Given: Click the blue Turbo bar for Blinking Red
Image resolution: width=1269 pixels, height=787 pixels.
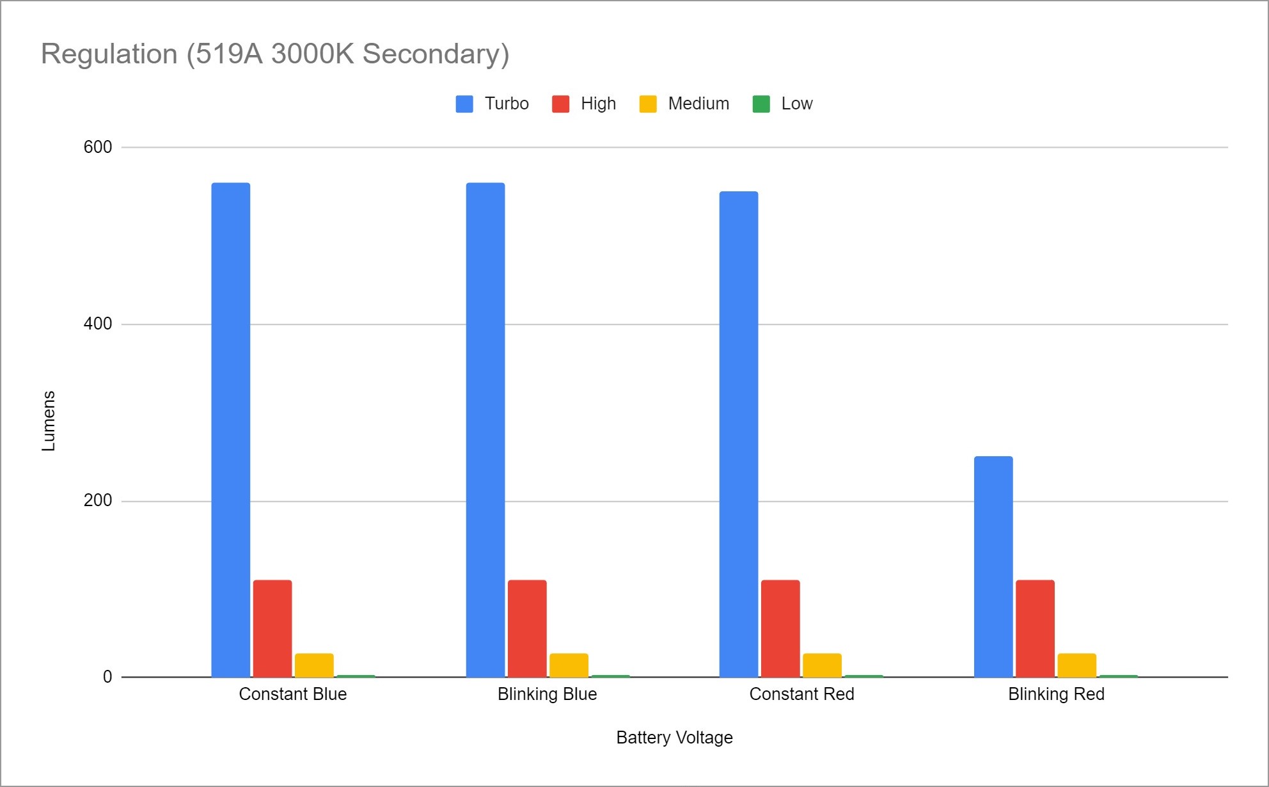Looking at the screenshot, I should pyautogui.click(x=993, y=566).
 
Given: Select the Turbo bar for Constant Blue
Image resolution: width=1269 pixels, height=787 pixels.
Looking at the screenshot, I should pyautogui.click(x=230, y=430).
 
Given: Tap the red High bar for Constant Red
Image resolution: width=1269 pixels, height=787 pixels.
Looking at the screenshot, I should pyautogui.click(x=780, y=628).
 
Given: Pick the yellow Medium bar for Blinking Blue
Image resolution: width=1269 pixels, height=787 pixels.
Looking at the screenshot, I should pyautogui.click(x=569, y=665).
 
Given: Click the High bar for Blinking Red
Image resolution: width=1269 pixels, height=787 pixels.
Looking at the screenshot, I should pyautogui.click(x=1035, y=628).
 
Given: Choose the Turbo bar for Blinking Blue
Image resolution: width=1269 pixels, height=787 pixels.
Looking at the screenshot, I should pyautogui.click(x=485, y=430).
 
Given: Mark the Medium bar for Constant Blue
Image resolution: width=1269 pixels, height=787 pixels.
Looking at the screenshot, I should pyautogui.click(x=314, y=665).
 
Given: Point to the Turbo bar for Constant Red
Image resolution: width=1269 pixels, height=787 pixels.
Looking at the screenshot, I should pyautogui.click(x=739, y=434).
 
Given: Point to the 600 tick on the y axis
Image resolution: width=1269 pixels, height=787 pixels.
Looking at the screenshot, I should pyautogui.click(x=98, y=147).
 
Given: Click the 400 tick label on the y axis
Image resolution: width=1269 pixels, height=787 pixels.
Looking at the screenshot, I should pyautogui.click(x=98, y=324).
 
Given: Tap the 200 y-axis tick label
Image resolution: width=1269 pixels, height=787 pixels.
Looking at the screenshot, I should pyautogui.click(x=98, y=500).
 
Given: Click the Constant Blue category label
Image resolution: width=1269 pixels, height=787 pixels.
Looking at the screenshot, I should pyautogui.click(x=293, y=694).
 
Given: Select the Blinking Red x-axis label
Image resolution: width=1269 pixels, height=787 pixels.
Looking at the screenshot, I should pyautogui.click(x=1056, y=694).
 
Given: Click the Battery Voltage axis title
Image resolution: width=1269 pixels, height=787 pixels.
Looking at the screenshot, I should pyautogui.click(x=674, y=738).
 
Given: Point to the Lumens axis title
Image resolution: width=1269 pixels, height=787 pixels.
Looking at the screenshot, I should pyautogui.click(x=49, y=420).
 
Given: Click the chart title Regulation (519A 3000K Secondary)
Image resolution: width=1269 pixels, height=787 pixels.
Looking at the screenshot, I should pyautogui.click(x=275, y=54).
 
